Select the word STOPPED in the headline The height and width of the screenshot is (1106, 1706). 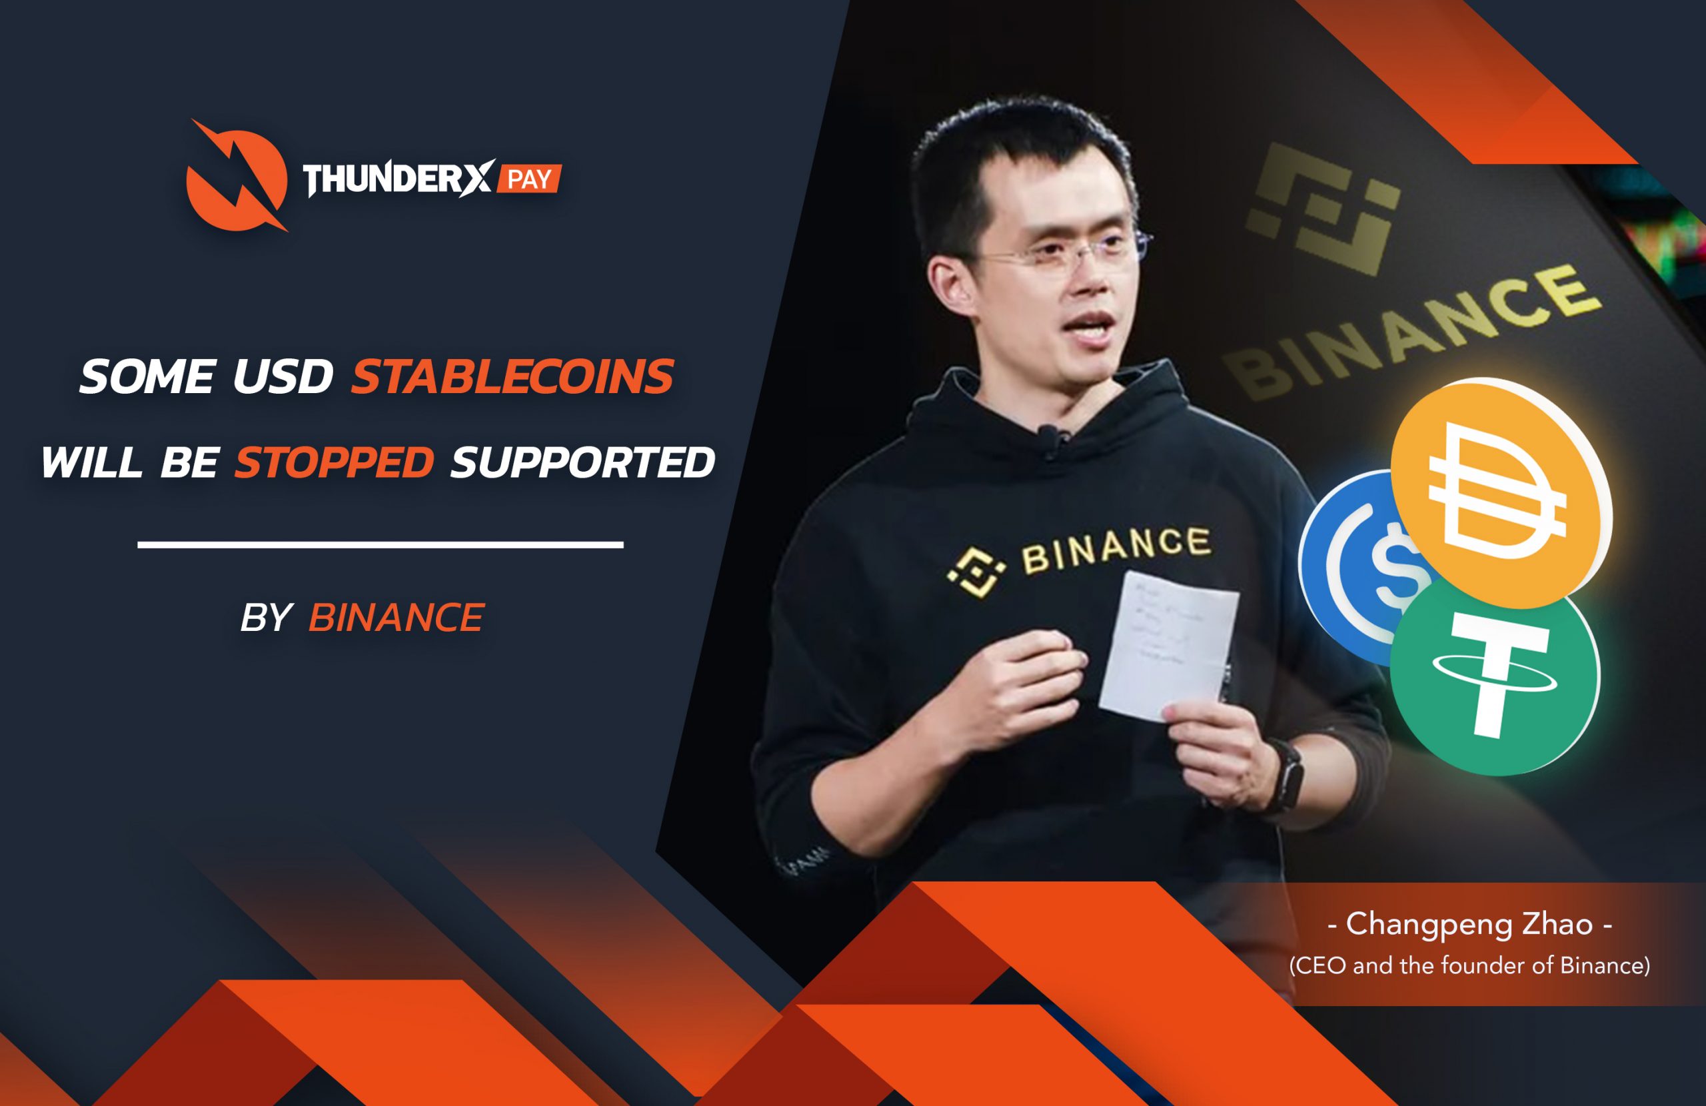coord(334,462)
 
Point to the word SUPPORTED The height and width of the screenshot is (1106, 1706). coord(582,462)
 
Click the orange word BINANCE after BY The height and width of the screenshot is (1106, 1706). coord(396,617)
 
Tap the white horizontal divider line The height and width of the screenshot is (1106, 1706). coord(380,545)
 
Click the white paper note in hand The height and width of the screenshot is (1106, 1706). coord(1168,645)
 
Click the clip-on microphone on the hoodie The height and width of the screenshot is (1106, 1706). coord(1049,433)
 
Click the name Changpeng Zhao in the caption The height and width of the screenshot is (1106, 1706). coord(1469,924)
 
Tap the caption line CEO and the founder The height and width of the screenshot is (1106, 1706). coord(1469,965)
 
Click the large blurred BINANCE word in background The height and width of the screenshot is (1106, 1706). coord(1412,330)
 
